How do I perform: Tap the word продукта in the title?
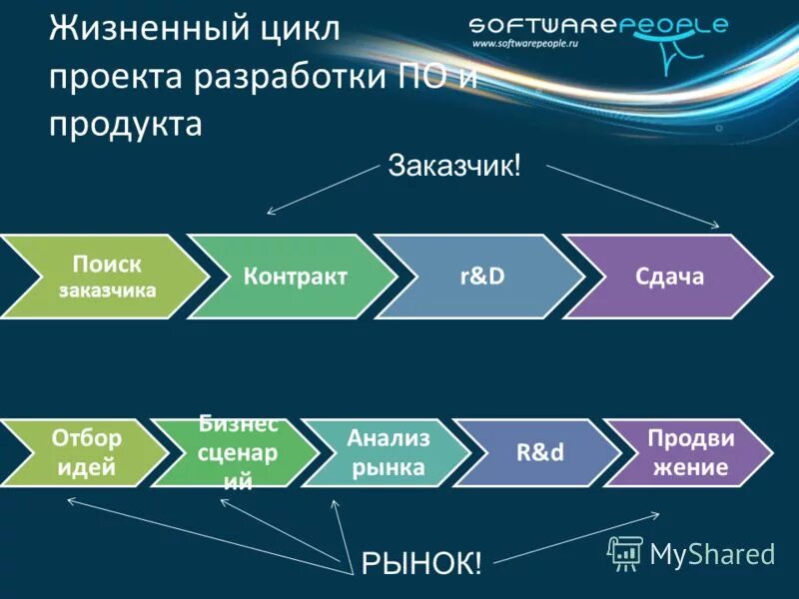coord(126,125)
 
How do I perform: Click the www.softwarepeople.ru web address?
coord(526,45)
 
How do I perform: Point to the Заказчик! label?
coord(454,166)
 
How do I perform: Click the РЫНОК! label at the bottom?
coord(421,563)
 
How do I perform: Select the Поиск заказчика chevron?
coord(100,277)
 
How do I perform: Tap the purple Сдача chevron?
coord(669,277)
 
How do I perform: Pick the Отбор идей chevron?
coord(85,452)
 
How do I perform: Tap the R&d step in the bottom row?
coord(539,452)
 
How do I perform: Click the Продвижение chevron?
coord(689,452)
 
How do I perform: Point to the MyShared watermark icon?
coord(626,552)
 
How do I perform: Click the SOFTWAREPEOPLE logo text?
coord(598,25)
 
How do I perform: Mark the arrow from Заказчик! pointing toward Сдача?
coord(634,196)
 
